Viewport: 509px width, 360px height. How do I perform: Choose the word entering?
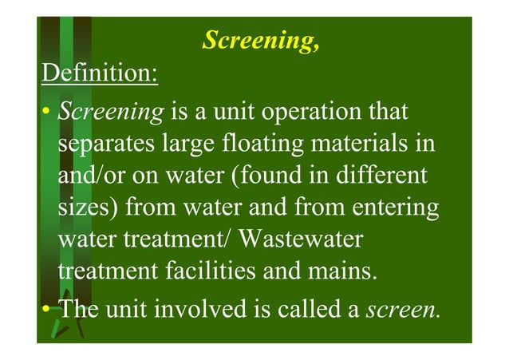click(393, 208)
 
